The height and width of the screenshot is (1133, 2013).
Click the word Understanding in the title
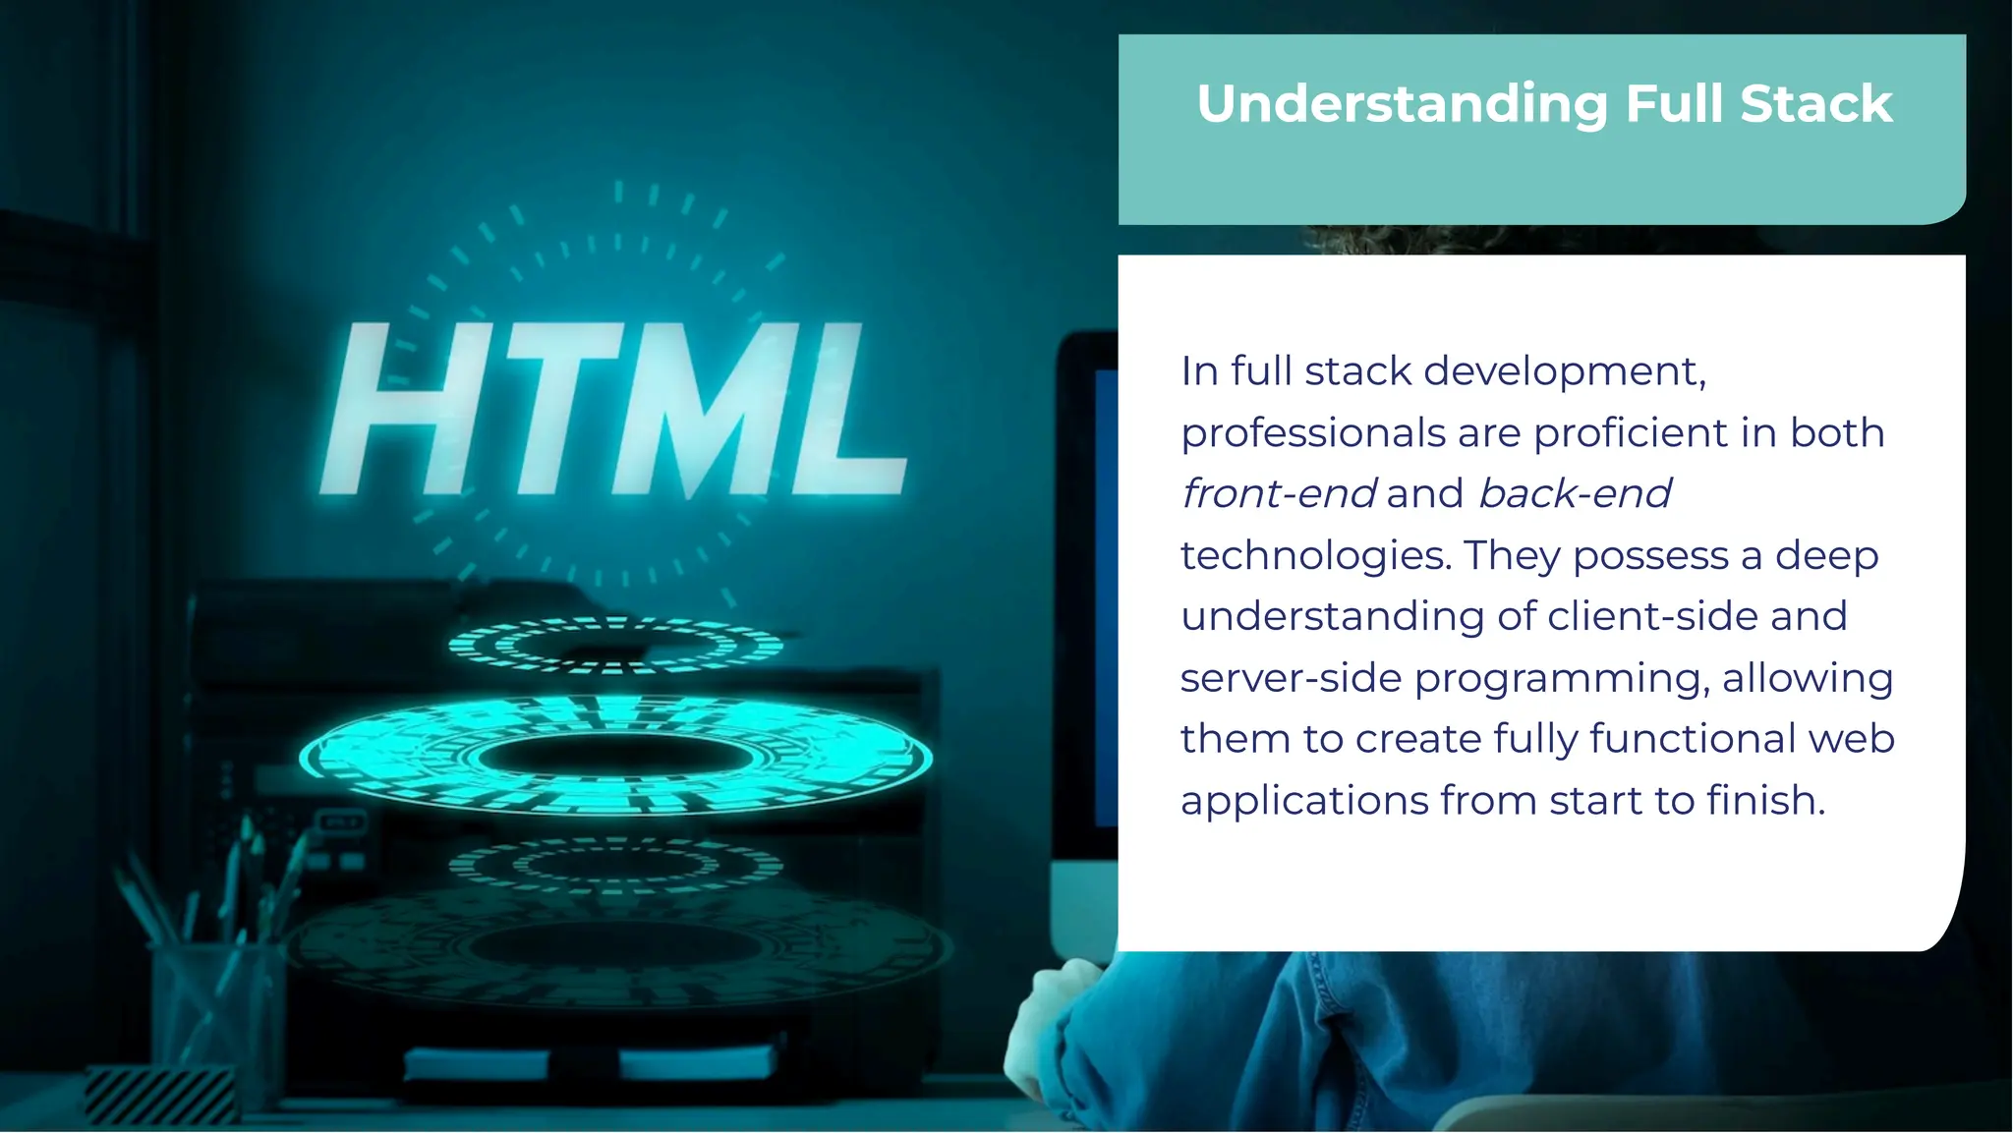click(x=1403, y=104)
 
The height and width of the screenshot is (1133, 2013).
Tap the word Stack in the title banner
click(x=1815, y=104)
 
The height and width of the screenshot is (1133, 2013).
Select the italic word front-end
click(x=1278, y=493)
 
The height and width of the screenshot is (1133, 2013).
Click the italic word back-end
click(x=1574, y=493)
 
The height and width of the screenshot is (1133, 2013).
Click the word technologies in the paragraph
click(x=1315, y=555)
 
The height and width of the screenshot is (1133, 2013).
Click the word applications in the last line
click(x=1304, y=800)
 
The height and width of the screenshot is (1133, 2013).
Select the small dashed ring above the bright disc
click(x=614, y=646)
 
